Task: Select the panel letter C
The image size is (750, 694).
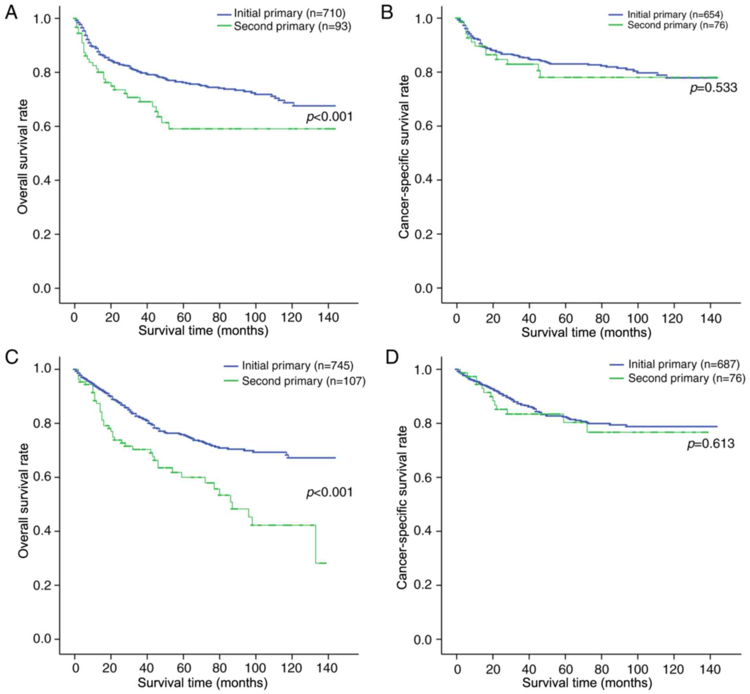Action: coord(11,357)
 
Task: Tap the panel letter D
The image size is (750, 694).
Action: coord(392,357)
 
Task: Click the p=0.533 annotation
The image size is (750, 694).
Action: coord(713,88)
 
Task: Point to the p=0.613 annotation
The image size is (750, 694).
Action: coord(710,444)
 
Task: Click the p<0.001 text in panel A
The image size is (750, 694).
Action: coord(329,117)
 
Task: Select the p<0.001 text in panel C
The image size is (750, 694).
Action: coord(329,492)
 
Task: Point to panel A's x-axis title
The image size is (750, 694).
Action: coord(203,330)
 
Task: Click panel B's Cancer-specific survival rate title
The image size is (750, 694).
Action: coord(403,157)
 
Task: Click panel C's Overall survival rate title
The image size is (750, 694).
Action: coord(23,500)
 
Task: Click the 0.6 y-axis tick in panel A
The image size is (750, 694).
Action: coord(42,126)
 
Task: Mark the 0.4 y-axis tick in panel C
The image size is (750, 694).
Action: coord(42,531)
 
